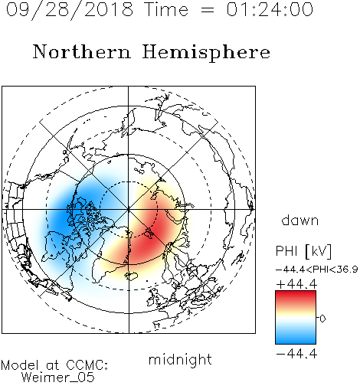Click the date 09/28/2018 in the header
(70, 10)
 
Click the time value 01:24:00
(270, 9)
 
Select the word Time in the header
(166, 9)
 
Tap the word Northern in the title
(81, 51)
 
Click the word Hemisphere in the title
(206, 53)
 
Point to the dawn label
(299, 220)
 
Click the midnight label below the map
(180, 360)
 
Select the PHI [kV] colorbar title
(303, 251)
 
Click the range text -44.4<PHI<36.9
(316, 270)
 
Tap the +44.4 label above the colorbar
(296, 284)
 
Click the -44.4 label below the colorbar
(296, 354)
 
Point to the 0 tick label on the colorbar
(322, 319)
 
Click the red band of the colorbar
(296, 297)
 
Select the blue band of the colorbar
(296, 337)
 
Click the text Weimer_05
(58, 378)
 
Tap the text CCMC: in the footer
(87, 365)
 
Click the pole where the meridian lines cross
(129, 209)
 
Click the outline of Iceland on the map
(131, 276)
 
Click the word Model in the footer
(20, 365)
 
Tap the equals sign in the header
(207, 10)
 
